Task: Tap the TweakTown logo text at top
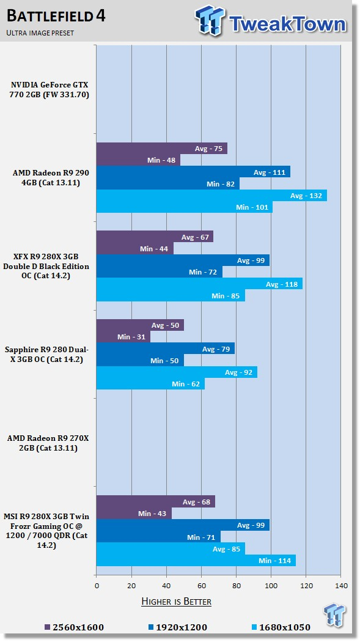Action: (287, 23)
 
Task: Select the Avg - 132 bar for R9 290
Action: (211, 195)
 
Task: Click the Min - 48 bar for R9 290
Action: (138, 160)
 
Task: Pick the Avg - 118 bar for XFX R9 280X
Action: (199, 284)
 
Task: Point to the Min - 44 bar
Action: (135, 248)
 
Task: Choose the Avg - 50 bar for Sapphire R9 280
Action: (140, 325)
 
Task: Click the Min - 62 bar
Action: (150, 383)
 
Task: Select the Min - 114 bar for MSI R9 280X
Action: (196, 561)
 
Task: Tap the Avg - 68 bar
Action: (156, 501)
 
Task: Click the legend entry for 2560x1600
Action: (74, 627)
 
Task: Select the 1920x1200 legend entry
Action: (177, 627)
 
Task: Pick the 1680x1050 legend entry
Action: (281, 627)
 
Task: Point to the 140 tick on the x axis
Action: (341, 586)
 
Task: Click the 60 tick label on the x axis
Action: (201, 586)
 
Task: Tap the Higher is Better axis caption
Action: (176, 602)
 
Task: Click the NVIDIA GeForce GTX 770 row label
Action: (50, 90)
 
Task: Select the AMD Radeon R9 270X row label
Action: (48, 443)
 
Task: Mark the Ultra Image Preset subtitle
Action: (40, 33)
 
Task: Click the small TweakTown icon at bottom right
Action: (335, 614)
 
